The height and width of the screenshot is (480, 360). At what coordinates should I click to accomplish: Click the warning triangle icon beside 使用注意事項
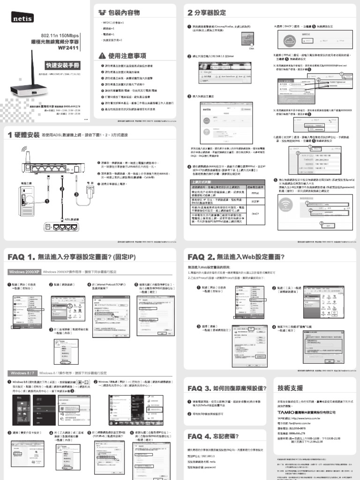tap(102, 56)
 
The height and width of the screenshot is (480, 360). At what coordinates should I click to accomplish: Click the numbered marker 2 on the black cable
tap(61, 189)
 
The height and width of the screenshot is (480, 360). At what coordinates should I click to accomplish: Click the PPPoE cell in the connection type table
tap(255, 193)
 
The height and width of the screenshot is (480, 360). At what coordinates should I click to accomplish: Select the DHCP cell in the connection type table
tap(255, 213)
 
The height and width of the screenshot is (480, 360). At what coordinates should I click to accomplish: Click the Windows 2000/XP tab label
tap(24, 271)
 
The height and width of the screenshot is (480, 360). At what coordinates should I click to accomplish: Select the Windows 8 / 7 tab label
tap(22, 373)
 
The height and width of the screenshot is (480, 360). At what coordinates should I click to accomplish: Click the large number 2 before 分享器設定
tap(190, 12)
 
